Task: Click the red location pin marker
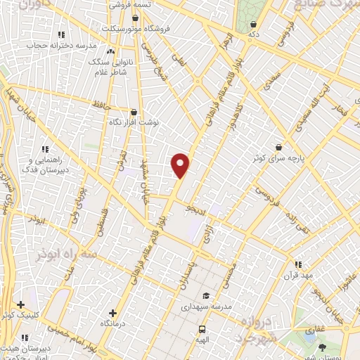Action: click(181, 165)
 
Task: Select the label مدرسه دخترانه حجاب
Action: click(60, 44)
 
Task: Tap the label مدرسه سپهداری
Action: click(205, 307)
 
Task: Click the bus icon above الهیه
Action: click(202, 328)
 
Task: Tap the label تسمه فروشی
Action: click(131, 4)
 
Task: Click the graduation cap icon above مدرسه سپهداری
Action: click(205, 296)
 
